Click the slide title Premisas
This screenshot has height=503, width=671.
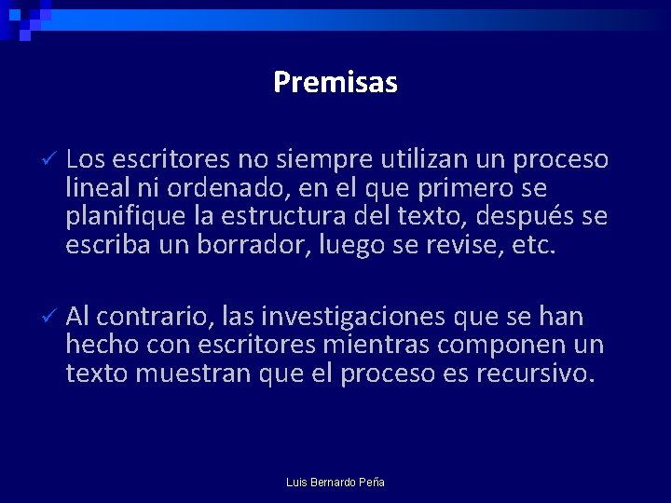(x=335, y=83)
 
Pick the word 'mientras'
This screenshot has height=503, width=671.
(x=391, y=346)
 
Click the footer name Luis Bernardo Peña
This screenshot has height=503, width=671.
(x=335, y=483)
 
